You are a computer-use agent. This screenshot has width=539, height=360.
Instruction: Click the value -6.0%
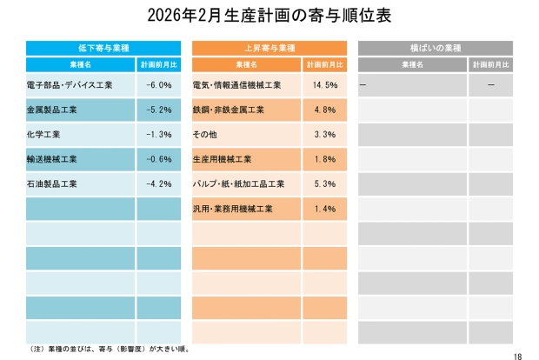(158, 85)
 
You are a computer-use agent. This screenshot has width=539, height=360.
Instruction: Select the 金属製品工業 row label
(53, 110)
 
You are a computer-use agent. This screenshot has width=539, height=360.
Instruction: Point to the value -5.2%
(158, 110)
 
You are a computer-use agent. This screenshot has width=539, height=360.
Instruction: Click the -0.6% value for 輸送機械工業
(158, 160)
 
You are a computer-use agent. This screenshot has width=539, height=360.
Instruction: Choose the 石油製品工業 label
(53, 184)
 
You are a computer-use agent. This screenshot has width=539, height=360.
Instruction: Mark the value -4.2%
(158, 184)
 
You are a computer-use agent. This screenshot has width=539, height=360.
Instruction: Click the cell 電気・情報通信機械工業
(236, 85)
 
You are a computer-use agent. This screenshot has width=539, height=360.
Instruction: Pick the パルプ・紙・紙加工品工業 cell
(238, 184)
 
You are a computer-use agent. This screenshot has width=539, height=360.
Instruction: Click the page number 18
(518, 355)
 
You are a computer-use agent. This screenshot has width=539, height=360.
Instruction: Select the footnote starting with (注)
(109, 349)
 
